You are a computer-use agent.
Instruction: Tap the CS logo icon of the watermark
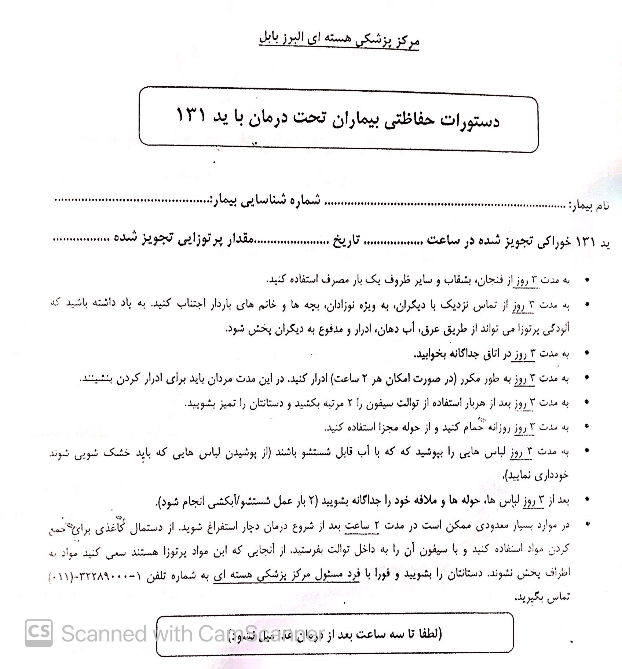(x=39, y=633)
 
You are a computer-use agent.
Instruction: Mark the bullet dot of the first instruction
(x=588, y=280)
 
